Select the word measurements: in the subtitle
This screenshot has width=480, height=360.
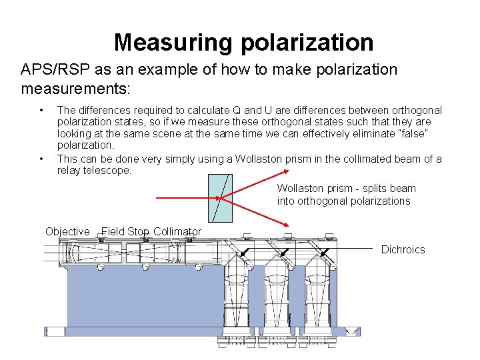[x=75, y=88]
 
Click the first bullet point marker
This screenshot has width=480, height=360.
[x=41, y=110]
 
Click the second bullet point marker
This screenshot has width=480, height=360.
[x=41, y=159]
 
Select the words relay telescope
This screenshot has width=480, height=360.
[x=95, y=170]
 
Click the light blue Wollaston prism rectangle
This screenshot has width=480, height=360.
[x=221, y=198]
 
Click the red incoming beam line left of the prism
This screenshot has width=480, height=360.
[x=187, y=198]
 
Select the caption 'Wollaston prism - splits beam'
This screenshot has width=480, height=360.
[x=346, y=189]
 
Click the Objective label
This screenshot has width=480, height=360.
[x=67, y=231]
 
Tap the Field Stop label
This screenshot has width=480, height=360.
[x=125, y=231]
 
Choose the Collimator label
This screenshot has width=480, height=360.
[x=177, y=231]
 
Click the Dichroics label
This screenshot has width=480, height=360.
[x=403, y=249]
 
